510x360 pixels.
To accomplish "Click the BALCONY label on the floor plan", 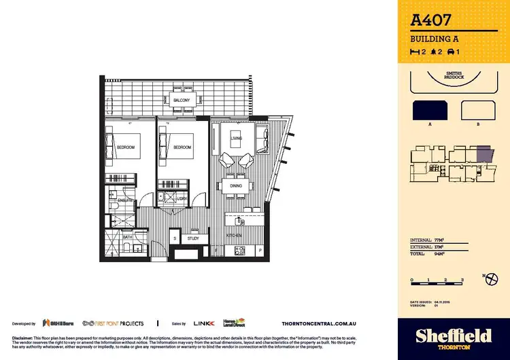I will [x=181, y=101].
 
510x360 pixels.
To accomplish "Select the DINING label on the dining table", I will [x=236, y=185].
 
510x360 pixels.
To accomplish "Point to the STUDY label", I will [x=193, y=238].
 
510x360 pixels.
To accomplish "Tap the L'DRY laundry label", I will [x=182, y=199].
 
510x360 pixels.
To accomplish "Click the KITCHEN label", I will [x=235, y=235].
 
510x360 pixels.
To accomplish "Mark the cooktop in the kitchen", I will [x=239, y=251].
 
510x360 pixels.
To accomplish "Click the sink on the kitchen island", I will [x=240, y=221].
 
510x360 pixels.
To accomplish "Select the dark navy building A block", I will [x=430, y=111].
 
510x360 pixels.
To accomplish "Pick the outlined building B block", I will [x=477, y=111].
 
